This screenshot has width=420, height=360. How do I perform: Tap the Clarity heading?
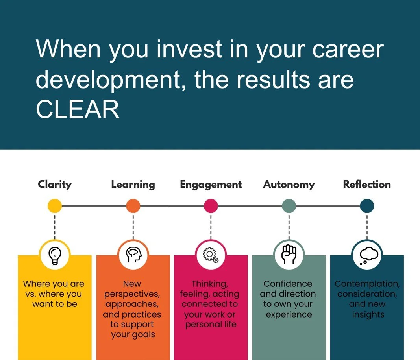[55, 184]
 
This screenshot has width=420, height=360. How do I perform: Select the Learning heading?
[133, 184]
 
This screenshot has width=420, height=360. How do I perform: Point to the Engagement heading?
[211, 184]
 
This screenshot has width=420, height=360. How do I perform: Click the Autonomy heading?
[289, 184]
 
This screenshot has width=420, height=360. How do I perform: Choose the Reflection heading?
[367, 184]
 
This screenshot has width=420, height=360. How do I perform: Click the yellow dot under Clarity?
[55, 206]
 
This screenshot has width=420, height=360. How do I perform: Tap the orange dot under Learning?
[133, 206]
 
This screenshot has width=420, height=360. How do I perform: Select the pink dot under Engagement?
[211, 206]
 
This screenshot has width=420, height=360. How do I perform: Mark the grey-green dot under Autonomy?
[289, 206]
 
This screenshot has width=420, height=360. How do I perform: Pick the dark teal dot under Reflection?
[367, 206]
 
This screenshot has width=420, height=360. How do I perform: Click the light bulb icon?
[55, 255]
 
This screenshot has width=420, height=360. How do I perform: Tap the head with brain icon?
[133, 255]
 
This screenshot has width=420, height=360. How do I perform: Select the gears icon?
[211, 255]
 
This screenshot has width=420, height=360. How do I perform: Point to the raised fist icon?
[289, 255]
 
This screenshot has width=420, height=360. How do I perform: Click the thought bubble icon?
[367, 255]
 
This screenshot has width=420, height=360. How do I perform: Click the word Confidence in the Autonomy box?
[288, 284]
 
